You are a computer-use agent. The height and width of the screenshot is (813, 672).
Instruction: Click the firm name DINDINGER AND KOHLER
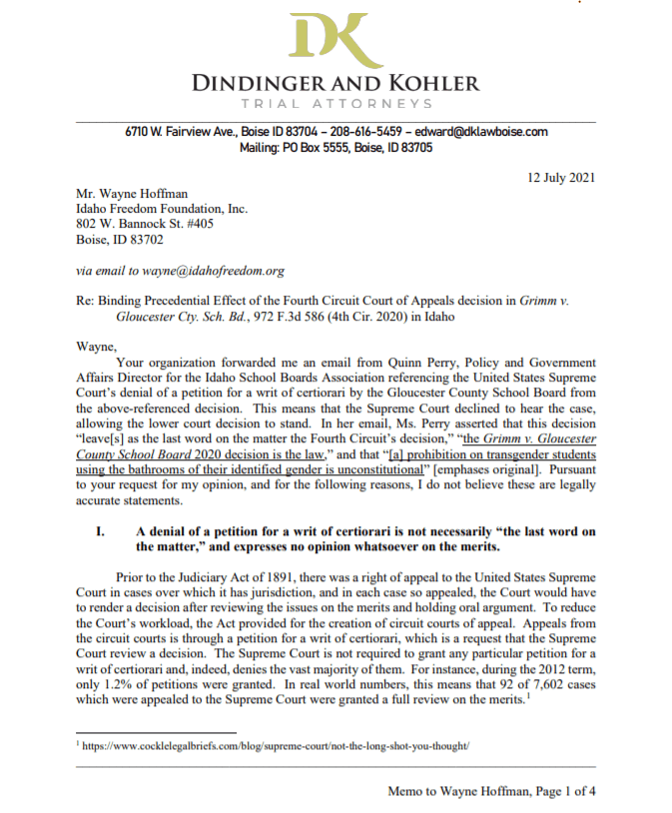[336, 83]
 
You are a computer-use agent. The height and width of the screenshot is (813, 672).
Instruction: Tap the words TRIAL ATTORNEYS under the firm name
[336, 104]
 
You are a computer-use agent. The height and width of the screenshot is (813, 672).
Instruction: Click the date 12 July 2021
[561, 178]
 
